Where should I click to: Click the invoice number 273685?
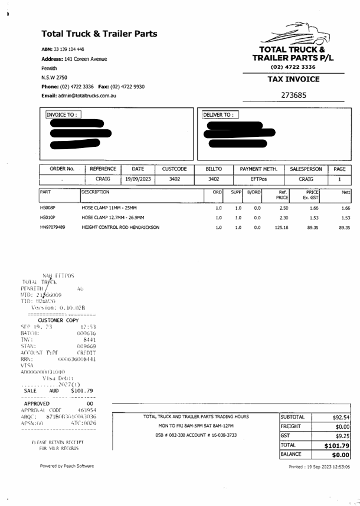pyautogui.click(x=293, y=95)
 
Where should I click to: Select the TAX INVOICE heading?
pyautogui.click(x=293, y=79)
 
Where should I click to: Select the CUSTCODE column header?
pyautogui.click(x=175, y=169)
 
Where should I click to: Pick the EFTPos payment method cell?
pyautogui.click(x=258, y=179)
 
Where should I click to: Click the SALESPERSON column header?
pyautogui.click(x=306, y=169)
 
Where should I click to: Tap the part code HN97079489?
pyautogui.click(x=53, y=227)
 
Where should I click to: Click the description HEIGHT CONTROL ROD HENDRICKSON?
pyautogui.click(x=120, y=227)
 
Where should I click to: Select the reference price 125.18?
pyautogui.click(x=282, y=227)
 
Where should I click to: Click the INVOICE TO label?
pyautogui.click(x=63, y=115)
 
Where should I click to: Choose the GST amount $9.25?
pyautogui.click(x=342, y=436)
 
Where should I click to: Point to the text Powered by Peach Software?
pyautogui.click(x=67, y=466)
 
